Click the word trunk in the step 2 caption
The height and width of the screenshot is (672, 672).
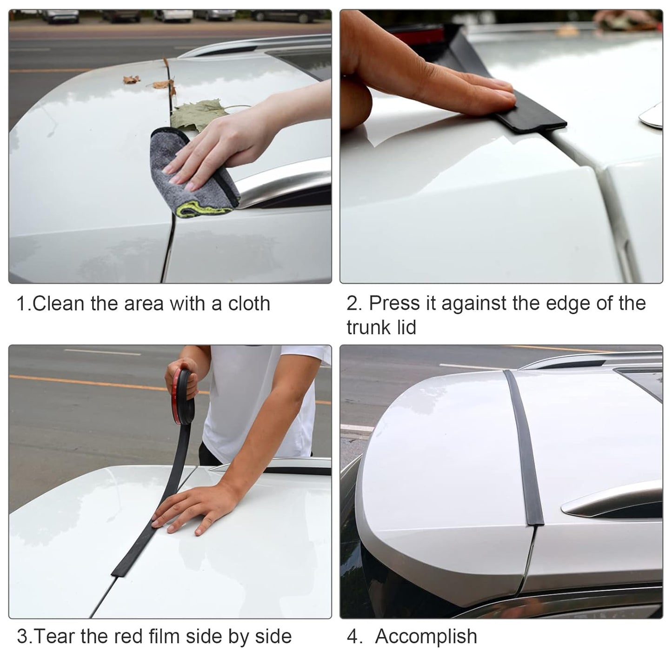click(366, 327)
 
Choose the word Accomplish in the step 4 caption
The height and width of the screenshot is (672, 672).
click(426, 636)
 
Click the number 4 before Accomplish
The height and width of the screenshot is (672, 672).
click(352, 636)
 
